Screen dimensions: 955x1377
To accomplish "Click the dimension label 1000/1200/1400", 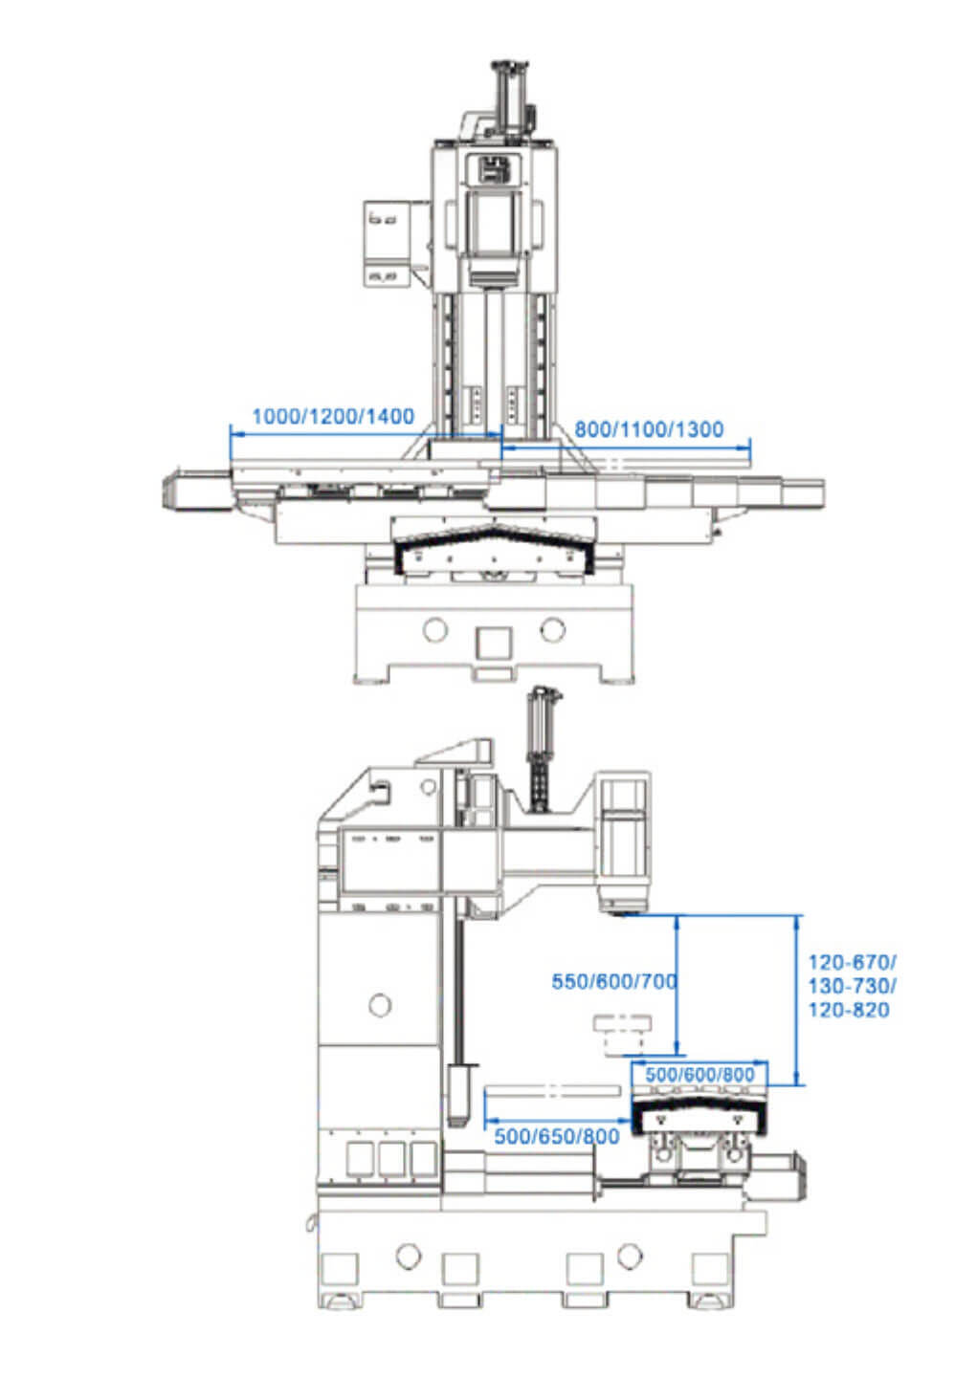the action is [333, 417].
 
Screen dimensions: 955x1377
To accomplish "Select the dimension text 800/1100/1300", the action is [649, 429].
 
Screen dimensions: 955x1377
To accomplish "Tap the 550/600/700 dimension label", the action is [614, 981].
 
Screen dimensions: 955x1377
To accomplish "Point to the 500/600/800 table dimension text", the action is [700, 1074].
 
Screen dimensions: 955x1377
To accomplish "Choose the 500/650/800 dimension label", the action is [556, 1136].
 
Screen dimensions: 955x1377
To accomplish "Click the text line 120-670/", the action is [852, 961].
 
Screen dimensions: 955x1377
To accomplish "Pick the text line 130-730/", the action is [852, 985].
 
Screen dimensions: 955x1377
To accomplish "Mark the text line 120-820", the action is [849, 1010].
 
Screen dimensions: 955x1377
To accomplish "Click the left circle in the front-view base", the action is [435, 629].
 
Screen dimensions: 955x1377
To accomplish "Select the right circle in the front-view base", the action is [552, 629].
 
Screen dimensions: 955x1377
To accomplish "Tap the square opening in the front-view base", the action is [494, 644].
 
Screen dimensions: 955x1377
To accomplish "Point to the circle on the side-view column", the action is [380, 1004].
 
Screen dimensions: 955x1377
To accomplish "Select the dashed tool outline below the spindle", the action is [622, 1035].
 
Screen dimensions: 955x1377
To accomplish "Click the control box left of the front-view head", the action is [389, 244].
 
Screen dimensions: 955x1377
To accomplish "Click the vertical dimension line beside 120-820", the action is [797, 1000].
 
